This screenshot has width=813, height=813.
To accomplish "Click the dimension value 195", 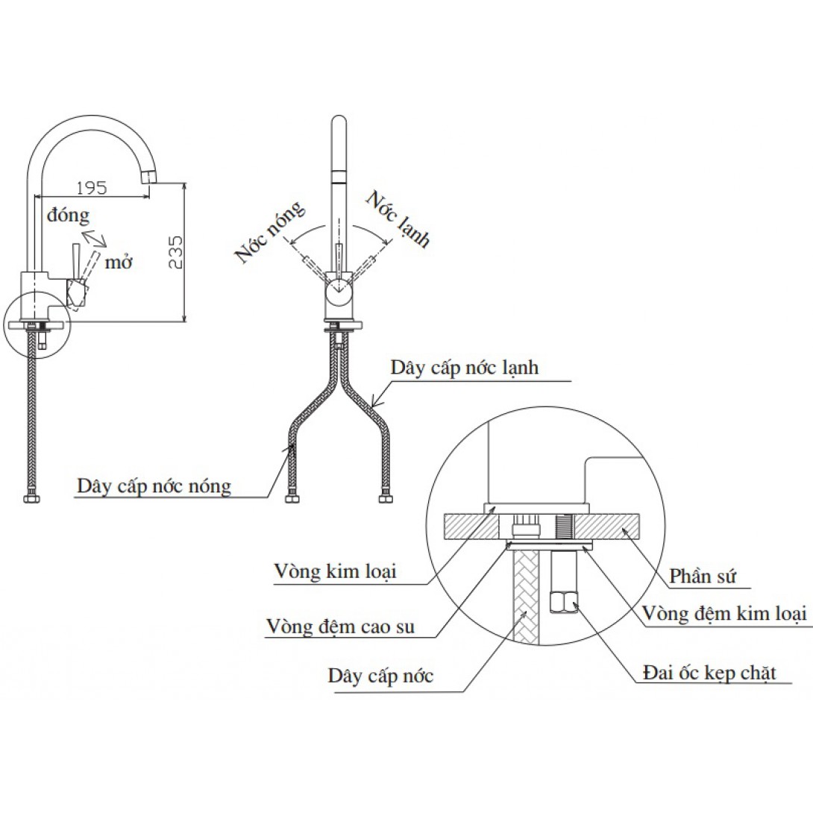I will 92,187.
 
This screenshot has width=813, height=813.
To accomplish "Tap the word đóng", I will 67,216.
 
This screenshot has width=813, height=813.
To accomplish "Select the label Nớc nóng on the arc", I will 270,232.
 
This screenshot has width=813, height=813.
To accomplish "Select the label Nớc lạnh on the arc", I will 398,219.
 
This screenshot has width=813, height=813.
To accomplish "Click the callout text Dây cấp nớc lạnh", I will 464,368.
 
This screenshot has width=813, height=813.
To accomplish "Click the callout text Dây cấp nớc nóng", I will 154,486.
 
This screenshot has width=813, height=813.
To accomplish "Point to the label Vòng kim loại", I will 334,572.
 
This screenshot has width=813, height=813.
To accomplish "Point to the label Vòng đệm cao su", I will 340,627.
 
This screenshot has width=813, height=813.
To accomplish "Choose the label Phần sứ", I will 699,577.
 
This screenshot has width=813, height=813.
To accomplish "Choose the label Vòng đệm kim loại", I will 725,613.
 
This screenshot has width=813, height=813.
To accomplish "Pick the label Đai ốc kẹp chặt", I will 709,673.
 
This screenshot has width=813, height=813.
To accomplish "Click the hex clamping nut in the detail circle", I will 564,600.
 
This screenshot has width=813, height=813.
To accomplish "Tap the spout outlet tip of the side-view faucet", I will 150,176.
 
